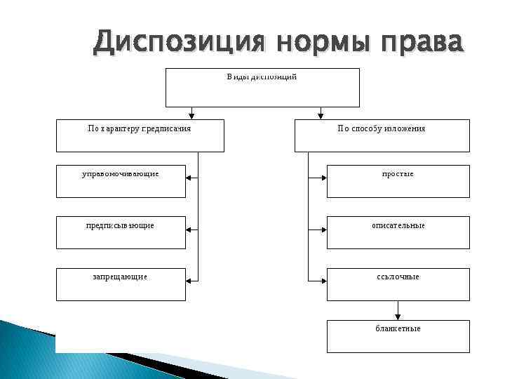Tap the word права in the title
[x=421, y=44]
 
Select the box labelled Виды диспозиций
[x=262, y=87]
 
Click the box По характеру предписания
[x=140, y=135]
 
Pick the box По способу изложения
[x=382, y=135]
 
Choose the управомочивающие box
[x=121, y=181]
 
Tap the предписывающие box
[x=121, y=232]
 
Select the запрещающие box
[x=121, y=284]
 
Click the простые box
[x=398, y=181]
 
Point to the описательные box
[x=398, y=232]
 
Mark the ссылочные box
[x=398, y=284]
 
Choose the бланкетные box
[x=398, y=335]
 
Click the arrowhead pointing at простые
[x=323, y=178]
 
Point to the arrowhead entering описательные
[x=323, y=229]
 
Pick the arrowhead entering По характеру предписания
[x=191, y=116]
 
